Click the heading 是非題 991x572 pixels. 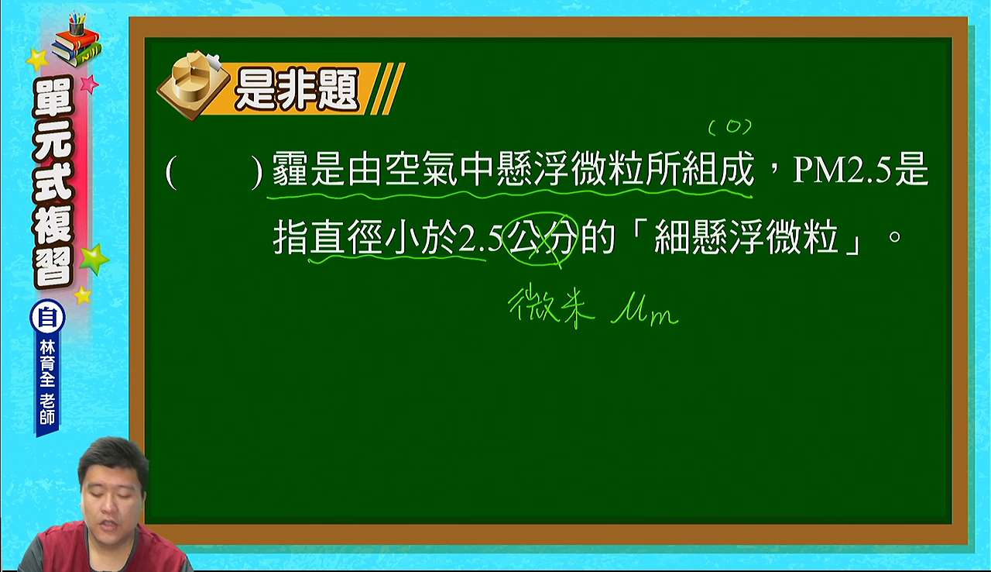pyautogui.click(x=297, y=89)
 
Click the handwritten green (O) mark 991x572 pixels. pyautogui.click(x=730, y=128)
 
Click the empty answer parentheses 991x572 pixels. pyautogui.click(x=214, y=172)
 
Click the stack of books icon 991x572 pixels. pyautogui.click(x=77, y=41)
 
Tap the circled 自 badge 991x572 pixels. pyautogui.click(x=47, y=318)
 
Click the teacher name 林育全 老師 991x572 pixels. pyautogui.click(x=47, y=383)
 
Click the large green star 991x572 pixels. pyautogui.click(x=94, y=260)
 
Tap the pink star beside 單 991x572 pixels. pyautogui.click(x=90, y=83)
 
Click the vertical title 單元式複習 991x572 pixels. pyautogui.click(x=53, y=182)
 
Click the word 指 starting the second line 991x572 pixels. pyautogui.click(x=290, y=238)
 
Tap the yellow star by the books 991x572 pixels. pyautogui.click(x=37, y=60)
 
